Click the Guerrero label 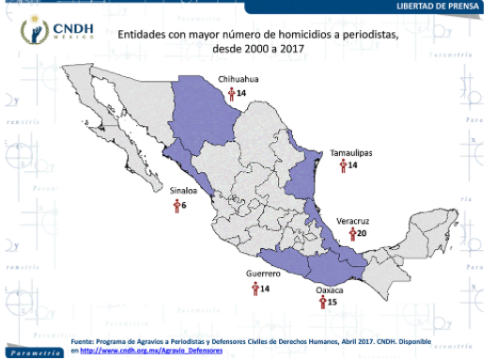click(x=264, y=274)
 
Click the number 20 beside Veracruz click(x=363, y=233)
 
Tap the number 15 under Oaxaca click(x=332, y=303)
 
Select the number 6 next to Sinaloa click(x=184, y=204)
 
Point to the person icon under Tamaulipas click(x=342, y=164)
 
